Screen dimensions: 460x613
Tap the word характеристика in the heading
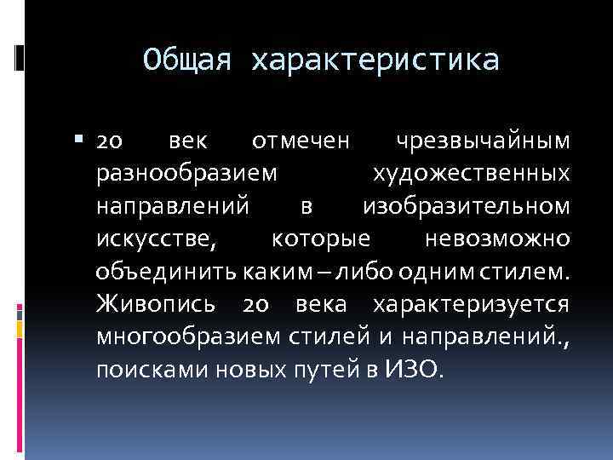point(374,60)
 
